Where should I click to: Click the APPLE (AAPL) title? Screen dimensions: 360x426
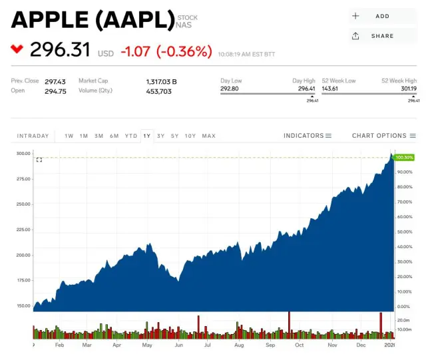coord(93,21)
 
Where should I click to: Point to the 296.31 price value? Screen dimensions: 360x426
coord(59,50)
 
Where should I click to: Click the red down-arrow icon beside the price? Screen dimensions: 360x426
coord(17,49)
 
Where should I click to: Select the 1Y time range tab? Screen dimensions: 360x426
coord(147,136)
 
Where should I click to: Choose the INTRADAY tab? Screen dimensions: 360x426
coord(33,136)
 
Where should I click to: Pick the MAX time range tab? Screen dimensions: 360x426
coord(209,136)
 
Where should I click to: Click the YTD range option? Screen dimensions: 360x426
coord(131,136)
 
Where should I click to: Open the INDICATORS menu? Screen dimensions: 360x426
coord(308,136)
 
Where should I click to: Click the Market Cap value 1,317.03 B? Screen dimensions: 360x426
coord(162,81)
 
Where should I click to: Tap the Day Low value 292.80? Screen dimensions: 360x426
coord(230,88)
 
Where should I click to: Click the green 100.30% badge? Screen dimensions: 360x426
coord(404,157)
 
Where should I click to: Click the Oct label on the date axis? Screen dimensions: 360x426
coord(300,345)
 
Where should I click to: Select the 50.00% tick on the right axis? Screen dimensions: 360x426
coord(405,232)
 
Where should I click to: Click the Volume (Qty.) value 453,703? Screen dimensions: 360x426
coord(159,91)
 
